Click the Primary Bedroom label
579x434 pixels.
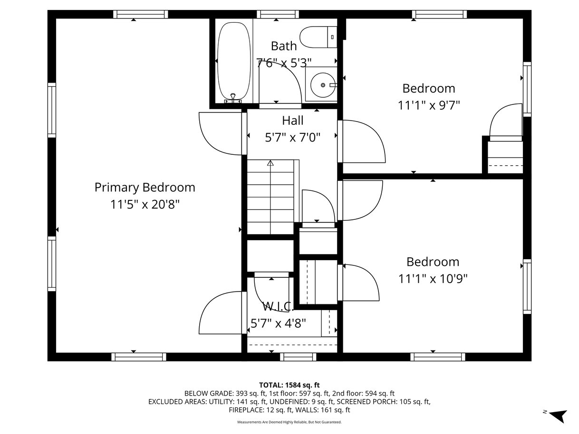pos(145,188)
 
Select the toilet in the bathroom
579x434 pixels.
pos(318,37)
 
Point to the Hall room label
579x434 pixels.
pos(292,121)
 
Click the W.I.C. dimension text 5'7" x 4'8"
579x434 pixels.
pos(278,323)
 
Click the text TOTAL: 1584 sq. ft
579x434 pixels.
pos(289,385)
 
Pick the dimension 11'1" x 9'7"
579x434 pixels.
pos(429,105)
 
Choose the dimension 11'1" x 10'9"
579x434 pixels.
pos(433,279)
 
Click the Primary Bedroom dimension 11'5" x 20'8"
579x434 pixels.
pos(145,204)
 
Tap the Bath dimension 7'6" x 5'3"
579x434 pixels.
pos(284,63)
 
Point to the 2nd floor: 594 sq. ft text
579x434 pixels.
pos(363,394)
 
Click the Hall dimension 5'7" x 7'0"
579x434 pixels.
pos(292,137)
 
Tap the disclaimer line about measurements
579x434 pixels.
pos(289,422)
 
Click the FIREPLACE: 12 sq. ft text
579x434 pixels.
pos(261,410)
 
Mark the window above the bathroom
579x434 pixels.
pos(278,14)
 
